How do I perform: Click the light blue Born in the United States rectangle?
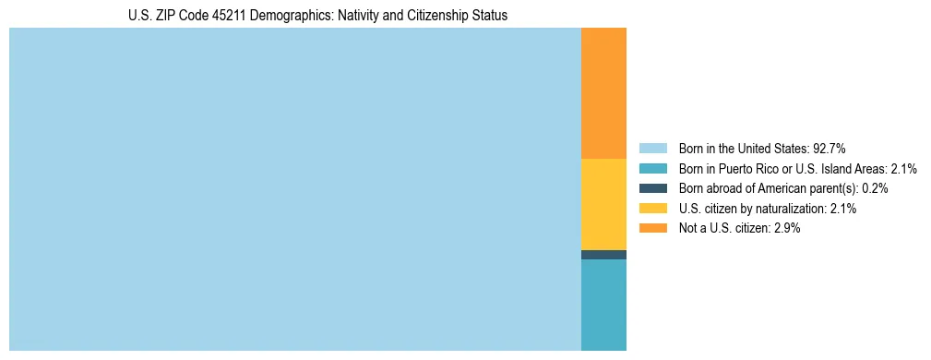295,189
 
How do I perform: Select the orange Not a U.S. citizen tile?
603,93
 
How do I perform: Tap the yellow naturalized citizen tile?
603,204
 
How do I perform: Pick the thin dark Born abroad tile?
603,255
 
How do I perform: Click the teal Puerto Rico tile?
603,305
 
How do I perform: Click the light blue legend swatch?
652,148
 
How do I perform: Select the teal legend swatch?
652,168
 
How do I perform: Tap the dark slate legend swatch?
652,188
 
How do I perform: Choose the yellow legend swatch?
652,209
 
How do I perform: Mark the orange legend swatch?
652,229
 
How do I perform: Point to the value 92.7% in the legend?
830,148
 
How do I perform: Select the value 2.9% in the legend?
787,229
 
